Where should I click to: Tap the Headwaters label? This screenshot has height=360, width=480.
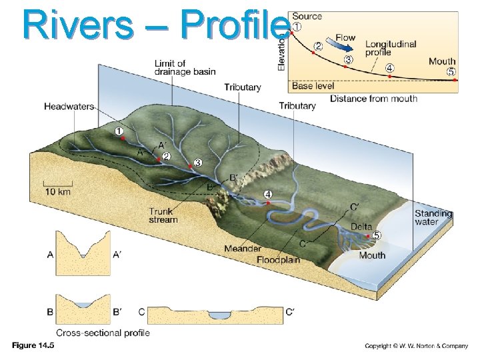pos(69,106)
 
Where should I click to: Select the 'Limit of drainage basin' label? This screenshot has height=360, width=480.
pos(185,67)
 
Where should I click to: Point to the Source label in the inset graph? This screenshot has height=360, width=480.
pos(307,16)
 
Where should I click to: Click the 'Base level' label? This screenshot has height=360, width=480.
pos(313,85)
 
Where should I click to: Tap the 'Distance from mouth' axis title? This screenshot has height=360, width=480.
pos(373,99)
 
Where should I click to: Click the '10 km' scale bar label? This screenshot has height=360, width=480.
pos(57,191)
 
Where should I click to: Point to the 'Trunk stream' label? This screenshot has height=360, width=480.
pos(163,216)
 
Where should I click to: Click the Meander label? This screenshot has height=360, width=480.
pos(243,249)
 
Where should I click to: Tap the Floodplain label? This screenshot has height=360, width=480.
pos(279,259)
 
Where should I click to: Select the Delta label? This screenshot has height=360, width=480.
pos(361,227)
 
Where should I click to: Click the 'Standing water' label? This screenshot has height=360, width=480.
pos(433,218)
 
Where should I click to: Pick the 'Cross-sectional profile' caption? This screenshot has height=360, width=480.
pos(103,333)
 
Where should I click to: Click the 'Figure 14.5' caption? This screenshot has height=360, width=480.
pos(33,346)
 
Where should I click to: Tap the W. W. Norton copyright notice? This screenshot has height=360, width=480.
pos(416,346)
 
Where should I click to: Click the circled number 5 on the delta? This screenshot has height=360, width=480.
pos(377,235)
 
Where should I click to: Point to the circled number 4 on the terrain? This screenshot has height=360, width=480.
pos(267,194)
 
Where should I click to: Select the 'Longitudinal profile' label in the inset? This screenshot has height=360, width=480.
pos(391,49)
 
